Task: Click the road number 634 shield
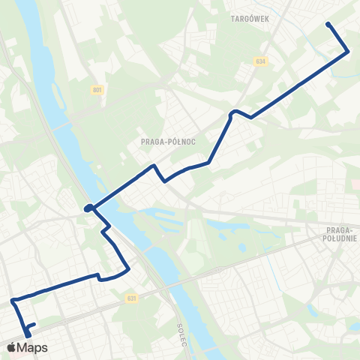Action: point(260,61)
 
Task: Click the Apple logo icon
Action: point(12,347)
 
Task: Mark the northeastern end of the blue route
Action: point(328,25)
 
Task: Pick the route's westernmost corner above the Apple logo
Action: point(13,301)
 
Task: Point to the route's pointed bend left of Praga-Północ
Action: point(154,165)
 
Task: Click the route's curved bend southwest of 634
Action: point(233,112)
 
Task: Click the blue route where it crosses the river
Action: point(101,201)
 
